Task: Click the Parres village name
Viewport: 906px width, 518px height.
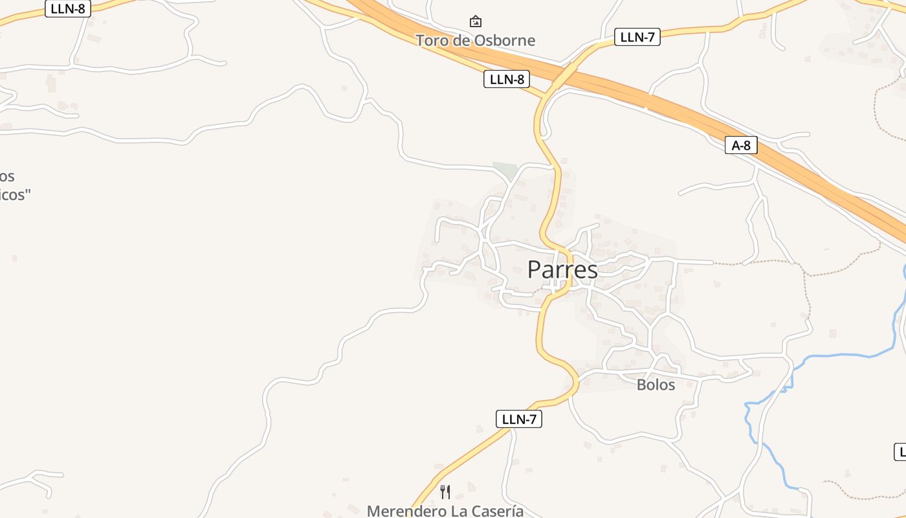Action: pos(562,270)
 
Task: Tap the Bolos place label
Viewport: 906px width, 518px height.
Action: pos(656,385)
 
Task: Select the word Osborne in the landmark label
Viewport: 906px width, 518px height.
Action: pos(504,40)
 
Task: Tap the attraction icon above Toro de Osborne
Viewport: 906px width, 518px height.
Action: pos(476,21)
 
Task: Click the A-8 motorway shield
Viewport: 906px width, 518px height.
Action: pos(741,146)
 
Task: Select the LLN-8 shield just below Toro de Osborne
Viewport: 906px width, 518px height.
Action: pos(507,80)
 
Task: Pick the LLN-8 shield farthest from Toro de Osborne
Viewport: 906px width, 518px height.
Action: pos(68,9)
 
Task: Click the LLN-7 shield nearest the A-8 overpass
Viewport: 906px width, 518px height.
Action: pos(637,37)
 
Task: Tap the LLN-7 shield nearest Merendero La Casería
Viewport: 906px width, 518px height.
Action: pos(519,419)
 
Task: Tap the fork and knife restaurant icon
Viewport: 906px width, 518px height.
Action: pos(445,492)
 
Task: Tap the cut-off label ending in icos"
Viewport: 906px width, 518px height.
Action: pos(14,194)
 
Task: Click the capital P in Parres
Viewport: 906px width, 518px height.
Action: pos(535,270)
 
